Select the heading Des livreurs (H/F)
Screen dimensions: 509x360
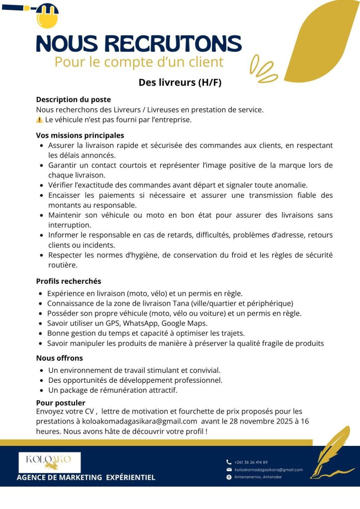pyautogui.click(x=180, y=82)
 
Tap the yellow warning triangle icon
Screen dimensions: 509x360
pyautogui.click(x=40, y=120)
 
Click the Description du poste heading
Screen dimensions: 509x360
pyautogui.click(x=73, y=99)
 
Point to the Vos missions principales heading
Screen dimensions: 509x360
pyautogui.click(x=80, y=135)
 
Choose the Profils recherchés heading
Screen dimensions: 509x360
pyautogui.click(x=68, y=281)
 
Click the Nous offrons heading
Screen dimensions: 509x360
pyautogui.click(x=59, y=358)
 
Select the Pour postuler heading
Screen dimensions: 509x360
pyautogui.click(x=61, y=403)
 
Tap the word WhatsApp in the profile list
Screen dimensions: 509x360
pyautogui.click(x=140, y=323)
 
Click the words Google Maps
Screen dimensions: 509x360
pyautogui.click(x=184, y=323)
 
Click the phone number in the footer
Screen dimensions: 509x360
pyautogui.click(x=251, y=462)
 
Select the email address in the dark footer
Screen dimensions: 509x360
pyautogui.click(x=268, y=469)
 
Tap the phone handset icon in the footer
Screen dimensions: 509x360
pyautogui.click(x=229, y=462)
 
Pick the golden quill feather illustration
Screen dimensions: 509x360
pyautogui.click(x=331, y=452)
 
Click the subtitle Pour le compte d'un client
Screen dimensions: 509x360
pyautogui.click(x=139, y=63)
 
